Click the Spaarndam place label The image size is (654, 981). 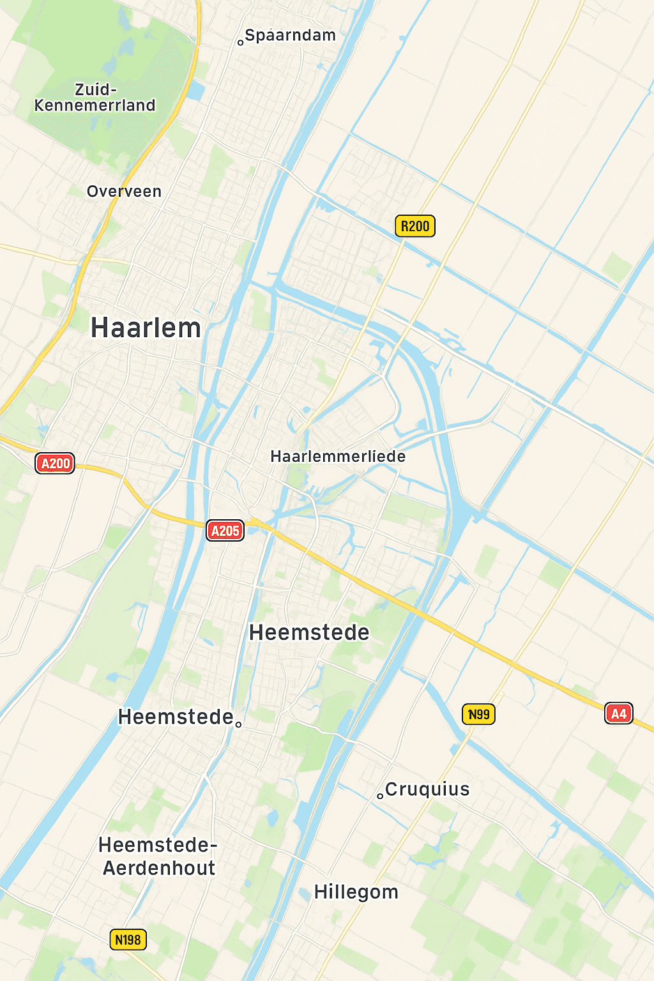click(x=291, y=36)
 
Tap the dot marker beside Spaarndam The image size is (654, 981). click(x=241, y=43)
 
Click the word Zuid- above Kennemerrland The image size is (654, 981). click(x=96, y=89)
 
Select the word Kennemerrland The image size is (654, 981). click(x=95, y=105)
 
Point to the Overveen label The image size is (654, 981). click(x=124, y=192)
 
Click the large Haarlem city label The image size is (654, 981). click(x=146, y=328)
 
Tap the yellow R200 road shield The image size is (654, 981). click(x=415, y=226)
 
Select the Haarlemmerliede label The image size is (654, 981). click(x=338, y=457)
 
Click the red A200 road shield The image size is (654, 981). click(x=55, y=464)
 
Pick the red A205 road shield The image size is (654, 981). click(x=225, y=531)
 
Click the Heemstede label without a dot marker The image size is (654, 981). click(x=309, y=632)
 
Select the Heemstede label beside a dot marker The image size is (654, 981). click(x=176, y=717)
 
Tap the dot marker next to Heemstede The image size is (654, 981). click(x=239, y=724)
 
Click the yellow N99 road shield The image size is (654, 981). click(x=478, y=714)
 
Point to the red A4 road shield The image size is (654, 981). click(x=618, y=713)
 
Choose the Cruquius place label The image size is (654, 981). click(x=428, y=789)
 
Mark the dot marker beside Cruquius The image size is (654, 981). click(x=380, y=796)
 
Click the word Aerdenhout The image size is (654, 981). click(x=159, y=869)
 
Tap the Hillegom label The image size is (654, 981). click(x=356, y=892)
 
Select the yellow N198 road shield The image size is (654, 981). click(x=128, y=939)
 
